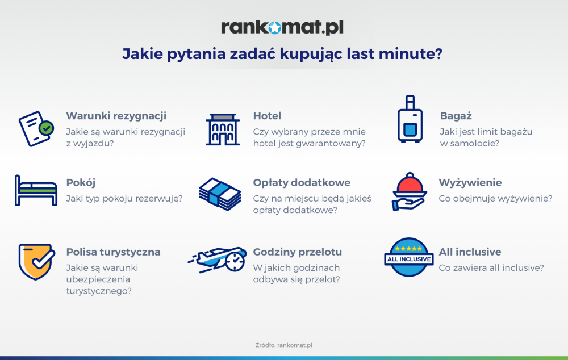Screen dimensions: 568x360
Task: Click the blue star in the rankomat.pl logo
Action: point(275,27)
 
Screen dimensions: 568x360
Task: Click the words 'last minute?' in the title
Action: point(395,54)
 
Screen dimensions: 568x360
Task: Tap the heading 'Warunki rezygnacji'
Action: point(116,116)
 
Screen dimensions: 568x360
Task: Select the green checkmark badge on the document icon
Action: point(47,128)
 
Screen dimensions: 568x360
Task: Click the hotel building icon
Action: point(223,129)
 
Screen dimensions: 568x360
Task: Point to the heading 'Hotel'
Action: point(267,116)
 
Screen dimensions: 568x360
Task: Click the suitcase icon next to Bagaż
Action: point(410,119)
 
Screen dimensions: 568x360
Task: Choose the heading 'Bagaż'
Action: point(456,116)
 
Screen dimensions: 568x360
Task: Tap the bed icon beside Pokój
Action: point(36,190)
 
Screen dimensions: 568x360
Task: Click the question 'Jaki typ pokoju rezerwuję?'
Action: point(124,199)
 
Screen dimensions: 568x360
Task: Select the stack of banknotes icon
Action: point(220,194)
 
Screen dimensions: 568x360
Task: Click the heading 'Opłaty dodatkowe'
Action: point(302,182)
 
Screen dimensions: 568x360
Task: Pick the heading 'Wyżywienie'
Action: point(470,182)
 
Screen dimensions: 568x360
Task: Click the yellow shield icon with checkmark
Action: point(36,262)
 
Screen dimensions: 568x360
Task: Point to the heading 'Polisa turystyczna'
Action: point(114,252)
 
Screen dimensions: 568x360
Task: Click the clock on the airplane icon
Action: point(235,262)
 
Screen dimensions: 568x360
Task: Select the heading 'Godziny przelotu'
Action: point(298,252)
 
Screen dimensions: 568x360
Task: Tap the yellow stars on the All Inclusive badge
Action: point(408,249)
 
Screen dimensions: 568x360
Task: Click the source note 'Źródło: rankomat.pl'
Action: point(283,345)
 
